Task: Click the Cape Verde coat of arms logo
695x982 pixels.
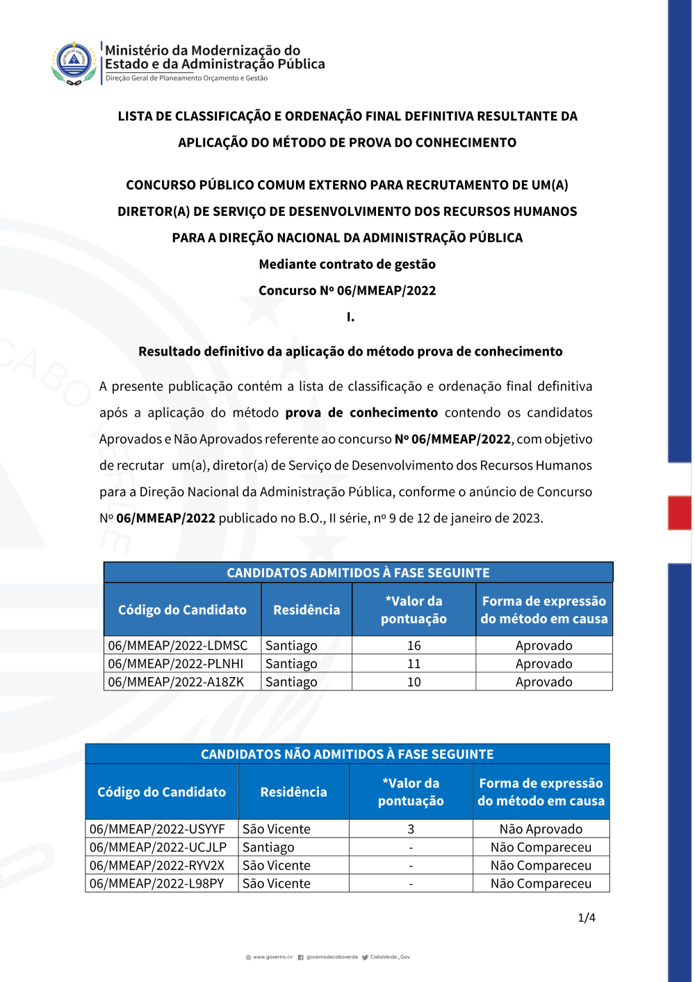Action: [74, 63]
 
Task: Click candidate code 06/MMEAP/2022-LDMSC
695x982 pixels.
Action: [178, 645]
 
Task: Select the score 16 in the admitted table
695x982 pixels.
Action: [414, 645]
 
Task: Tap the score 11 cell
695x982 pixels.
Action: [414, 664]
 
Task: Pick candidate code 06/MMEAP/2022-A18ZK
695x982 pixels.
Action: [176, 682]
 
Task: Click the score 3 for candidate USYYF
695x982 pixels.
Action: [411, 829]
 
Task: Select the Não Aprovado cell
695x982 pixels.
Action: [541, 829]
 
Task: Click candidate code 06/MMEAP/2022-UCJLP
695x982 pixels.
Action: [158, 847]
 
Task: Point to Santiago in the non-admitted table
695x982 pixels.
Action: [268, 847]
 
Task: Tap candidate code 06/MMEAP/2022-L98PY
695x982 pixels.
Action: [157, 883]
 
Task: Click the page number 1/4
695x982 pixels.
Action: [587, 917]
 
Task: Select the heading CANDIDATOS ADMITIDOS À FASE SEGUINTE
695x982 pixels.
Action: [358, 573]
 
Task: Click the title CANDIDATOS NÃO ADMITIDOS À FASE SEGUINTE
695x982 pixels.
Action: [347, 754]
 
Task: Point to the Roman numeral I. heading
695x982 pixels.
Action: [350, 317]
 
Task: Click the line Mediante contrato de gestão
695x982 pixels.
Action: [347, 264]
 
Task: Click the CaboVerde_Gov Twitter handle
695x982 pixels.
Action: [390, 957]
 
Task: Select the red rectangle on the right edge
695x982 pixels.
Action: [679, 513]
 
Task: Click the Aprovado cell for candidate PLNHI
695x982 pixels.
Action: [543, 664]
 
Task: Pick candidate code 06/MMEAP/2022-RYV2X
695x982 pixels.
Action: [157, 865]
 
